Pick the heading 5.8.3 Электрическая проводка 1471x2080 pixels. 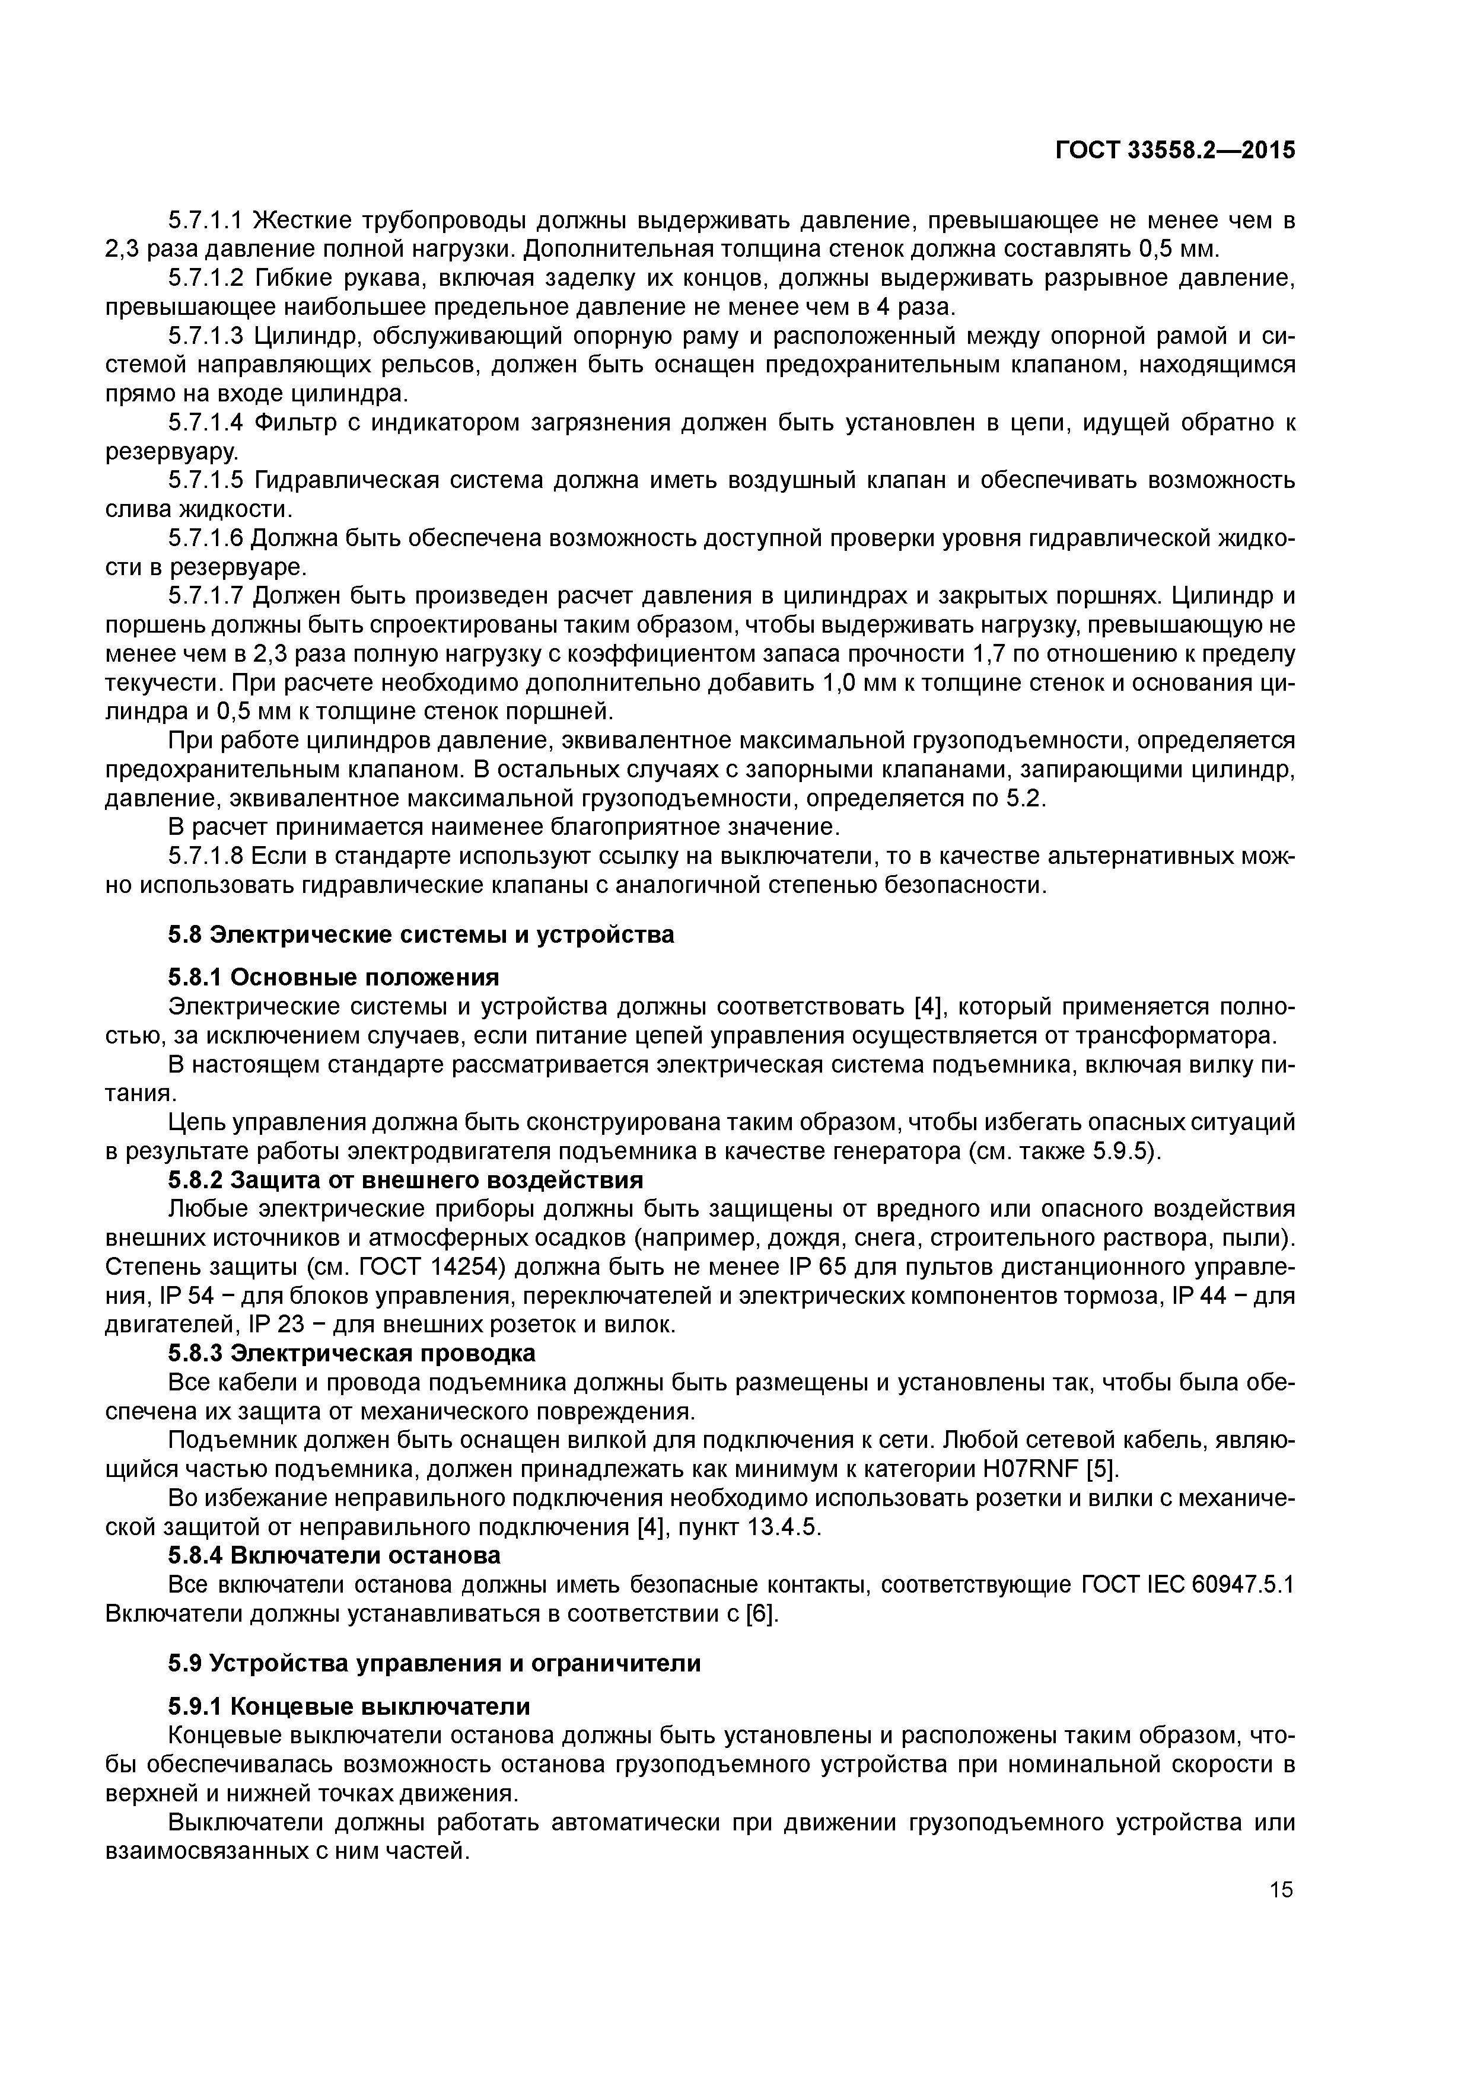coord(352,1352)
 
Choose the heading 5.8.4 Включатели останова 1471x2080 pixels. coord(333,1555)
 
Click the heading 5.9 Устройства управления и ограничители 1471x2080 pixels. coord(434,1663)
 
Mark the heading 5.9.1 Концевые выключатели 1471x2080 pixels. coord(349,1706)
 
